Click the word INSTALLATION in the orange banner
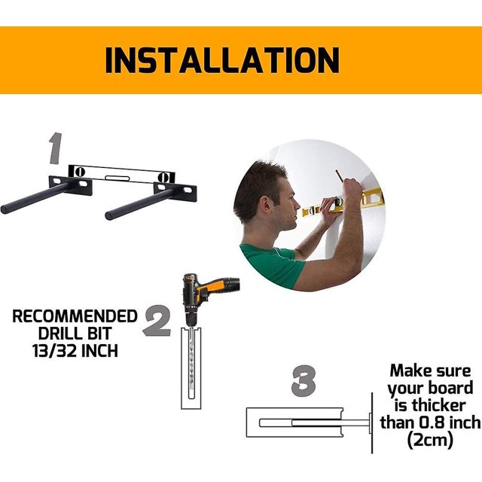click(x=222, y=60)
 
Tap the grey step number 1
click(x=56, y=148)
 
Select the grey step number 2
click(x=157, y=321)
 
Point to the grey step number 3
click(x=304, y=381)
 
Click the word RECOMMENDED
click(x=75, y=316)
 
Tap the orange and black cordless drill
click(x=209, y=297)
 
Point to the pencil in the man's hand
click(x=339, y=176)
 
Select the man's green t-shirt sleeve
click(x=270, y=265)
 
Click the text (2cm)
click(x=430, y=440)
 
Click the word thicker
click(x=438, y=405)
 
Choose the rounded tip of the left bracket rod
click(x=5, y=210)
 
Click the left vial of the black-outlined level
click(x=79, y=171)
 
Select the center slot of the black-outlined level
click(x=117, y=178)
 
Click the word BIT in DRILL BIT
click(x=98, y=334)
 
